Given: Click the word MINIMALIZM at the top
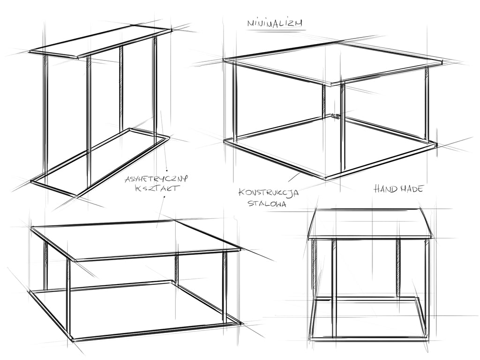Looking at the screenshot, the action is (275, 23).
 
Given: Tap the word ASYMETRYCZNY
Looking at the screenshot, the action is (156, 179).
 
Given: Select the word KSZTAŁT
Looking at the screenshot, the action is (156, 188).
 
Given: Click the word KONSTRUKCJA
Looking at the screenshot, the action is (269, 193).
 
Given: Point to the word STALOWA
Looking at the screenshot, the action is (267, 203).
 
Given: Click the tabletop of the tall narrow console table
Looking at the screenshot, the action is (100, 42).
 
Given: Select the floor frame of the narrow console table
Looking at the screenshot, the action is (100, 161).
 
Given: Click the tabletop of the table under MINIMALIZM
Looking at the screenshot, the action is (333, 63).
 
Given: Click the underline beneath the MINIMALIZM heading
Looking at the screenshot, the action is (277, 30).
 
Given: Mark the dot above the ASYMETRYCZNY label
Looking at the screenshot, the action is (166, 169).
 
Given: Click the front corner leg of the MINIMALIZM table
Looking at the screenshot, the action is (343, 128).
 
